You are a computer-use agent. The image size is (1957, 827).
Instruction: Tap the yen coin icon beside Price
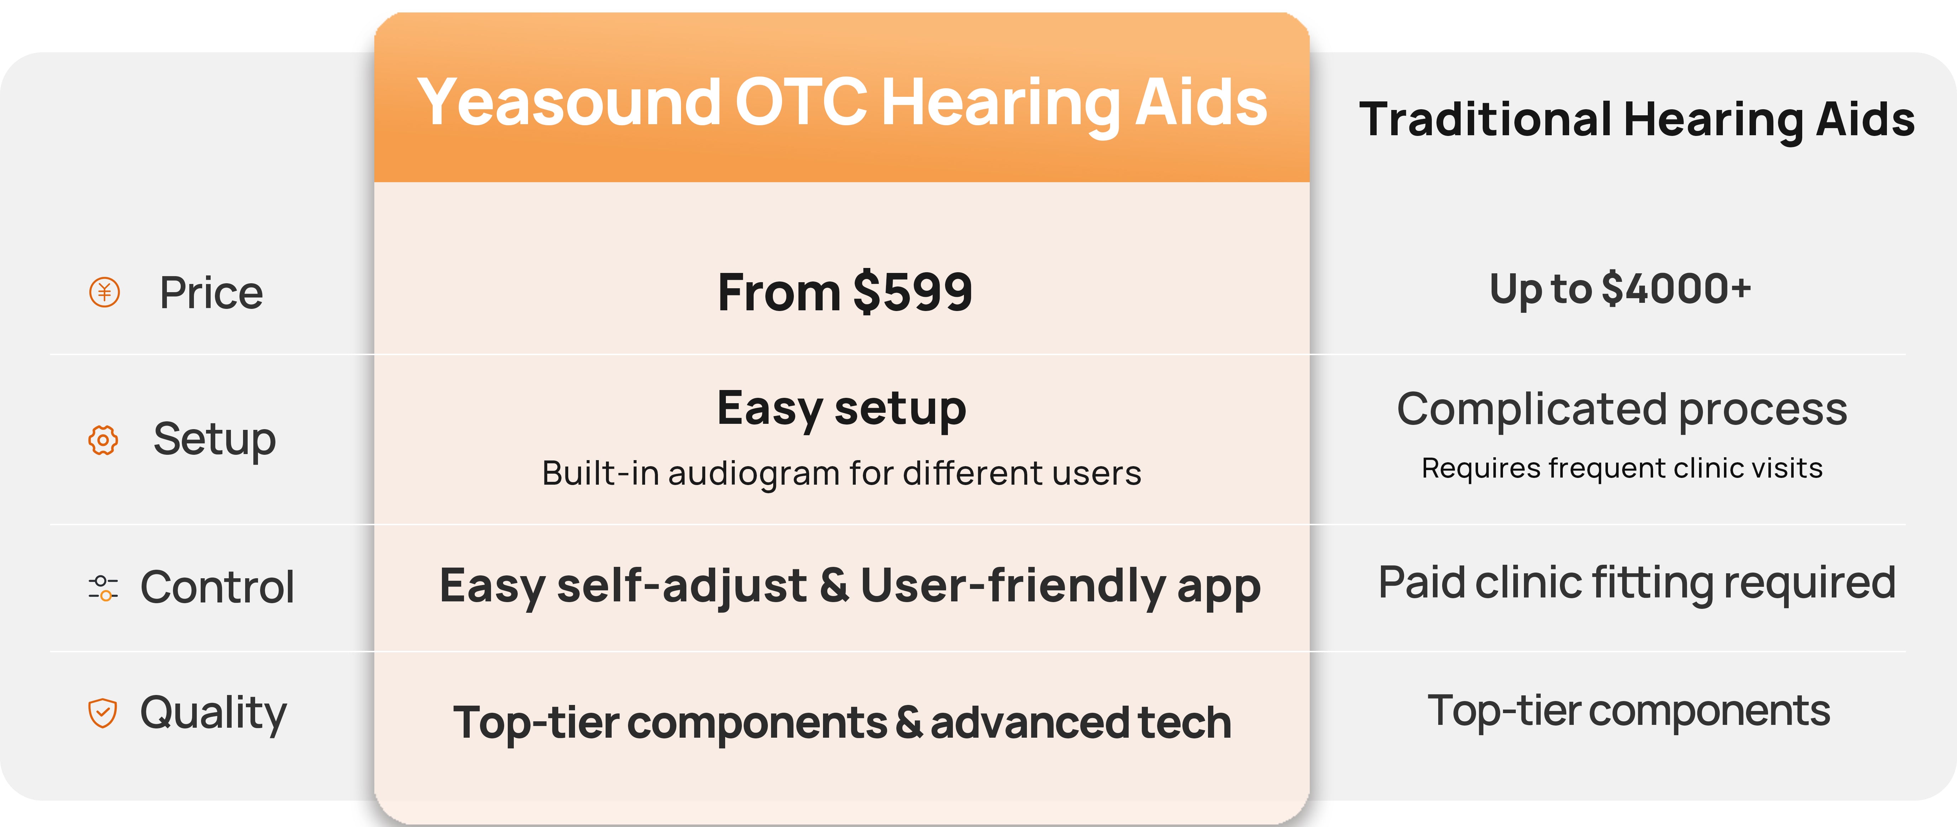(105, 292)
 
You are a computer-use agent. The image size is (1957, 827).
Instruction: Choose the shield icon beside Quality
(102, 713)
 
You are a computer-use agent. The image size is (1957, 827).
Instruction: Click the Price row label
(211, 293)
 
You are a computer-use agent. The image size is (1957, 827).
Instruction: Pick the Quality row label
(213, 713)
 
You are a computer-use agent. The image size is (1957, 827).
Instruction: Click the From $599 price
(845, 293)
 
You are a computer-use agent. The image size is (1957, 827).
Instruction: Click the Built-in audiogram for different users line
(842, 473)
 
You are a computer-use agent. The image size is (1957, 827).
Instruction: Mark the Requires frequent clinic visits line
(1622, 468)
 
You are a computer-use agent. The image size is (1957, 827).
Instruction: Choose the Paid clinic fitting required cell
(1637, 584)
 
